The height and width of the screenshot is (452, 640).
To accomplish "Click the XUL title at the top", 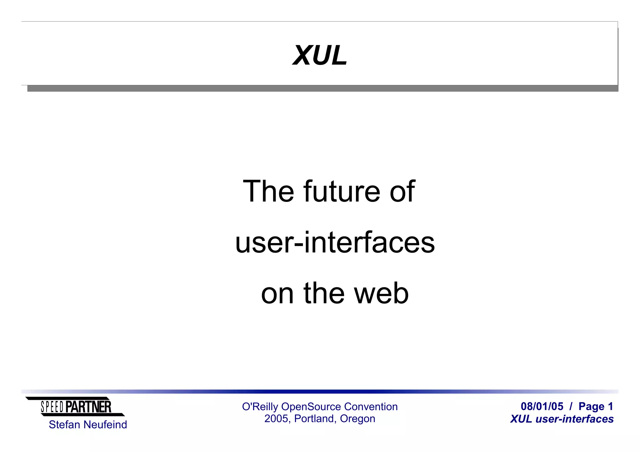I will pyautogui.click(x=320, y=56).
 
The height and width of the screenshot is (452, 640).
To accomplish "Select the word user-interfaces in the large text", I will pyautogui.click(x=335, y=243).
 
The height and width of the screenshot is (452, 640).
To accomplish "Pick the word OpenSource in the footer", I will pyautogui.click(x=311, y=407).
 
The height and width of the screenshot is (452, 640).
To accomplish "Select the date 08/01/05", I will pyautogui.click(x=542, y=406).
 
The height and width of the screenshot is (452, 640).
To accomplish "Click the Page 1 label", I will pyautogui.click(x=596, y=406).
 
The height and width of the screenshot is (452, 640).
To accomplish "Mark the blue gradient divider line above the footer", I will pyautogui.click(x=320, y=391).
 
